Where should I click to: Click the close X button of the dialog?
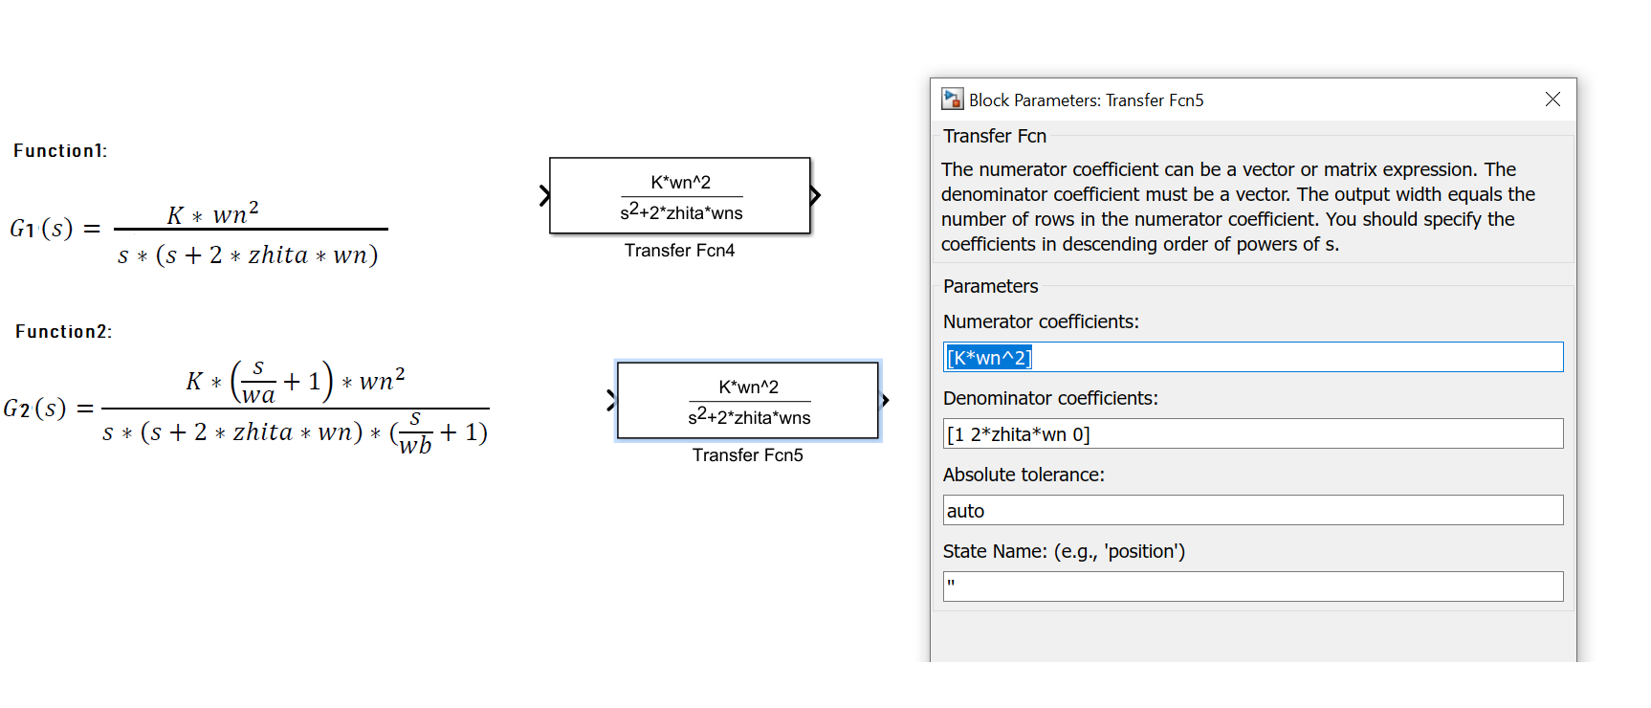coord(1552,100)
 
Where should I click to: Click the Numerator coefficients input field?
coord(1253,358)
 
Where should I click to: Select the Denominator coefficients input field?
coord(1253,434)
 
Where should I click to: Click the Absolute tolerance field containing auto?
coord(1253,511)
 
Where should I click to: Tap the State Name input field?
coord(1253,586)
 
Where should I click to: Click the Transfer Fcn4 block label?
coord(679,251)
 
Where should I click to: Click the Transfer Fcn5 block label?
coord(747,455)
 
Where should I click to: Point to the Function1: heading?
coord(60,151)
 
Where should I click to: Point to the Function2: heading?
coord(63,332)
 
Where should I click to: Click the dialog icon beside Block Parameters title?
coord(952,100)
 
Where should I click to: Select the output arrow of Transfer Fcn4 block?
coord(815,196)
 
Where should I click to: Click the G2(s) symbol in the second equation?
coord(34,409)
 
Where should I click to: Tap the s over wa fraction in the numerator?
coord(257,382)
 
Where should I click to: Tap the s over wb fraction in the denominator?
coord(415,432)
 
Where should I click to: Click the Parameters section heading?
coord(990,286)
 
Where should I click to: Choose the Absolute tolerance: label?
coord(1023,475)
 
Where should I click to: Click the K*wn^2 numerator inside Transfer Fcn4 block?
coord(680,182)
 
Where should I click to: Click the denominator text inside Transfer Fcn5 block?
coord(749,417)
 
